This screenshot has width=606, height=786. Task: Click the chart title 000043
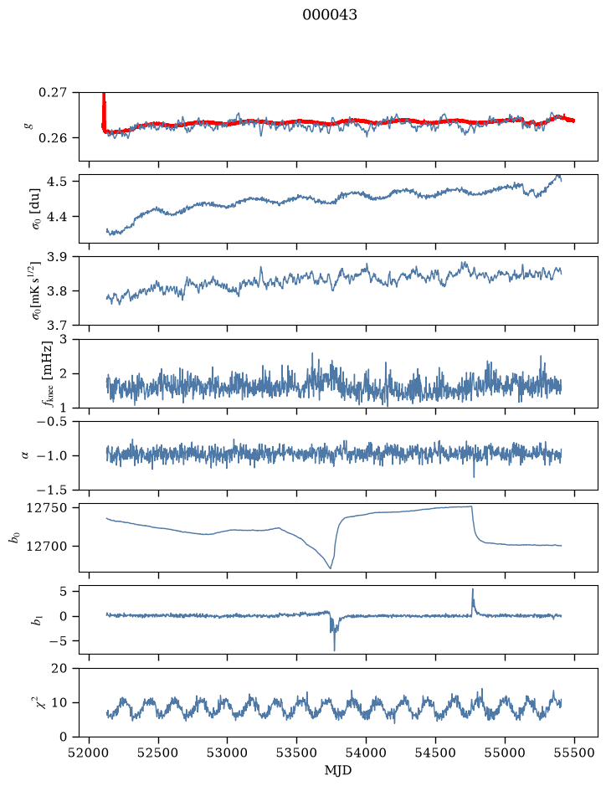(329, 15)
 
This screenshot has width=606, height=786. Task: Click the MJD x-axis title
(338, 770)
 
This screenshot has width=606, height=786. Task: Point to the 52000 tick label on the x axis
(90, 753)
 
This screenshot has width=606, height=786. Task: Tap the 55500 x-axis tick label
(574, 753)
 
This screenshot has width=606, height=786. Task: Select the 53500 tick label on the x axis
(297, 753)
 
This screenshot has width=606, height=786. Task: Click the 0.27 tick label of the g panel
(52, 93)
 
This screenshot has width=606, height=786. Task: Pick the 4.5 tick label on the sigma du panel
(56, 181)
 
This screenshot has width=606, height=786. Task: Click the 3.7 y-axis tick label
(56, 326)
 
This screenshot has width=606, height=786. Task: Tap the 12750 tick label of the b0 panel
(46, 508)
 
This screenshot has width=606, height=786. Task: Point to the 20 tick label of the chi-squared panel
(59, 668)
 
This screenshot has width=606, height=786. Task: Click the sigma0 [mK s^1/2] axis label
(35, 290)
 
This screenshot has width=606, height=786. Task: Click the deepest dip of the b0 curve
(331, 568)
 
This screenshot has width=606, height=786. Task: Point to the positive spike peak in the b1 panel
(472, 589)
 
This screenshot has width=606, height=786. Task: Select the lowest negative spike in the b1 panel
(334, 650)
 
